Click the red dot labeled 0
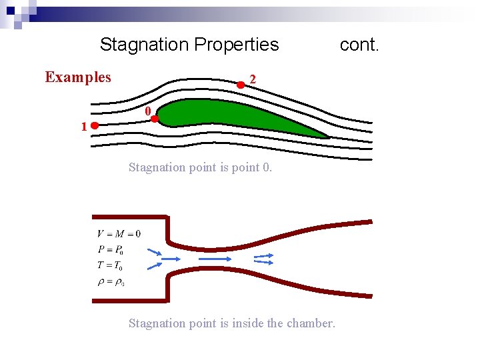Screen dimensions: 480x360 tap(154, 119)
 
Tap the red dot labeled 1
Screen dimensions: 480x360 tap(95, 125)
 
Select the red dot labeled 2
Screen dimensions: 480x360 tap(241, 85)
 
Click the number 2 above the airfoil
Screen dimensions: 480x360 tap(252, 79)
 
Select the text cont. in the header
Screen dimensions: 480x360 tap(359, 45)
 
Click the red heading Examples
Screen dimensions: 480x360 tap(78, 77)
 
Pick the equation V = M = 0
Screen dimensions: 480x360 tap(119, 233)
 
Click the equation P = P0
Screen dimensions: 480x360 tap(111, 250)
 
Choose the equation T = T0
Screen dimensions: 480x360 tap(110, 265)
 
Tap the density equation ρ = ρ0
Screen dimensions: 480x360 tap(111, 281)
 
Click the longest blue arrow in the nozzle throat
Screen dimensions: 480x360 tap(215, 259)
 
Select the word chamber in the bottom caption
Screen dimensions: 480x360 tap(310, 323)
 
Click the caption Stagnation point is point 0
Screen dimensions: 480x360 tap(200, 167)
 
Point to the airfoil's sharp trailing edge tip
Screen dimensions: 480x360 tap(329, 137)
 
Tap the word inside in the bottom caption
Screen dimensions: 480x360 tap(247, 323)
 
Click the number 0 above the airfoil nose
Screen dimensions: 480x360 tap(149, 111)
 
